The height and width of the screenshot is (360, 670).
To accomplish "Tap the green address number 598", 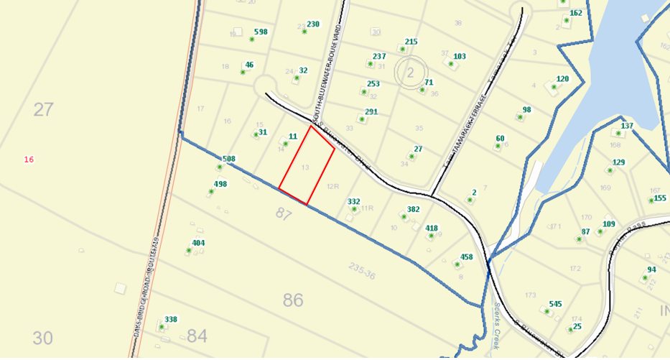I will (x=261, y=32).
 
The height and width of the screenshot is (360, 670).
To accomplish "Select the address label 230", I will (x=313, y=24).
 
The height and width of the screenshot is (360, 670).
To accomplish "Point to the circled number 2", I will (x=411, y=72).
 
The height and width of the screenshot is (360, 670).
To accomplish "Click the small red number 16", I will (x=29, y=159).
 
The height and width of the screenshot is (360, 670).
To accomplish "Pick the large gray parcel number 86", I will (x=293, y=300).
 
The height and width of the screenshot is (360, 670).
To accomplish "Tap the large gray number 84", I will (x=197, y=335).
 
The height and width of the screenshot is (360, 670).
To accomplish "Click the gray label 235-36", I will (x=363, y=270).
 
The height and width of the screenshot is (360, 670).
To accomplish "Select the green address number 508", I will (x=229, y=159).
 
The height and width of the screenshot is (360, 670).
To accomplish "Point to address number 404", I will (x=198, y=243).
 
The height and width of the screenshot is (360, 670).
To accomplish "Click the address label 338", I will (x=171, y=319).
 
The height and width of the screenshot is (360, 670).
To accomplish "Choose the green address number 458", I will (x=467, y=257).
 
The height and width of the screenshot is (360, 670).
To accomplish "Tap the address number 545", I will (x=555, y=303).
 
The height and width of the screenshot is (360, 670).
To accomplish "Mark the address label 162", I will (x=576, y=13).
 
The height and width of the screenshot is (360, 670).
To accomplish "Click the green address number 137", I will (x=627, y=126).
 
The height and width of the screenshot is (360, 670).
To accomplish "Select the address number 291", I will (x=371, y=111).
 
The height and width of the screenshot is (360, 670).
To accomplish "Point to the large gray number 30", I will (x=43, y=338).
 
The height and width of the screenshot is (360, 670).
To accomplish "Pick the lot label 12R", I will (x=332, y=186).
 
